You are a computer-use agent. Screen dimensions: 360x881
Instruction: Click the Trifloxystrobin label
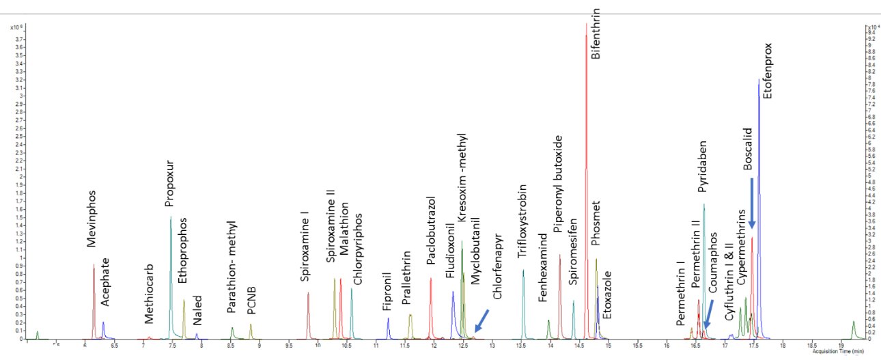tap(522, 220)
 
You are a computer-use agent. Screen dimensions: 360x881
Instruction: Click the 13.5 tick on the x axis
tap(522, 346)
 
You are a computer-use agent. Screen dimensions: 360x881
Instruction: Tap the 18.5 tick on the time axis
tap(812, 346)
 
